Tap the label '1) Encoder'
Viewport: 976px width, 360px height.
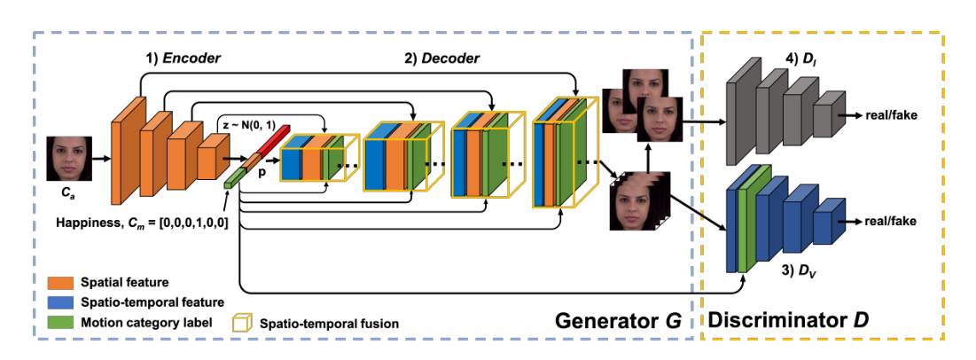pyautogui.click(x=183, y=58)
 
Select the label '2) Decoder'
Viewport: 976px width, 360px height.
pyautogui.click(x=442, y=59)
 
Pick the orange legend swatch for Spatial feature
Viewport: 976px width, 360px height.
pyautogui.click(x=59, y=283)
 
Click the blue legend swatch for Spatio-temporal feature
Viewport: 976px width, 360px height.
pyautogui.click(x=59, y=302)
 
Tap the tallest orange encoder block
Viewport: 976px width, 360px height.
pyautogui.click(x=124, y=160)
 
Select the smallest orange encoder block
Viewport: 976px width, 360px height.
pyautogui.click(x=207, y=162)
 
